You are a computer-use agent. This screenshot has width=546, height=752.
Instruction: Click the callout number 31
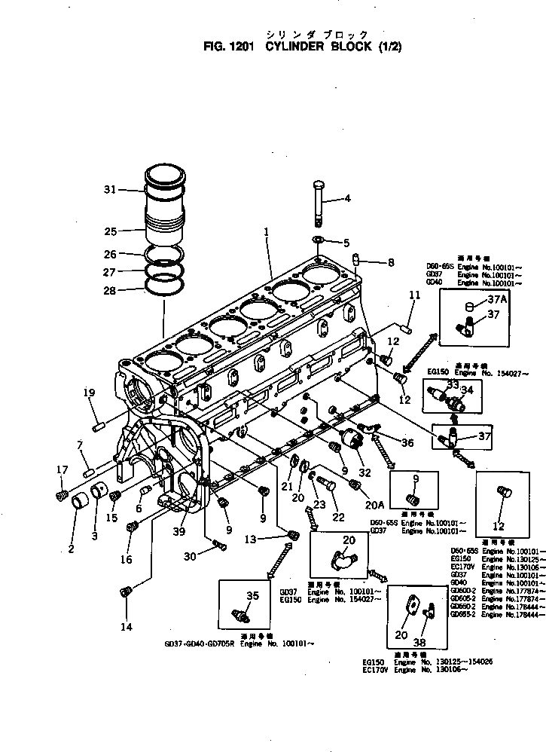[x=110, y=190]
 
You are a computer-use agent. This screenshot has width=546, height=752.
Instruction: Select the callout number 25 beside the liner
[x=110, y=231]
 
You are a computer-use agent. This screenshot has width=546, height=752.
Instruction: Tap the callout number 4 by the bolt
[x=347, y=199]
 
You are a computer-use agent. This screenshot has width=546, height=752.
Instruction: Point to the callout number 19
[x=89, y=392]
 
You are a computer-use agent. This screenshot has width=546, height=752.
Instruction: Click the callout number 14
[x=126, y=626]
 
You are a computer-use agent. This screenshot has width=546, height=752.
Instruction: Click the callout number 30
[x=189, y=555]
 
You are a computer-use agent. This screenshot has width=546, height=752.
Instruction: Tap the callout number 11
[x=414, y=296]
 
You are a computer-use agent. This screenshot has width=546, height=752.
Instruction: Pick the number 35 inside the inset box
[x=252, y=595]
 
